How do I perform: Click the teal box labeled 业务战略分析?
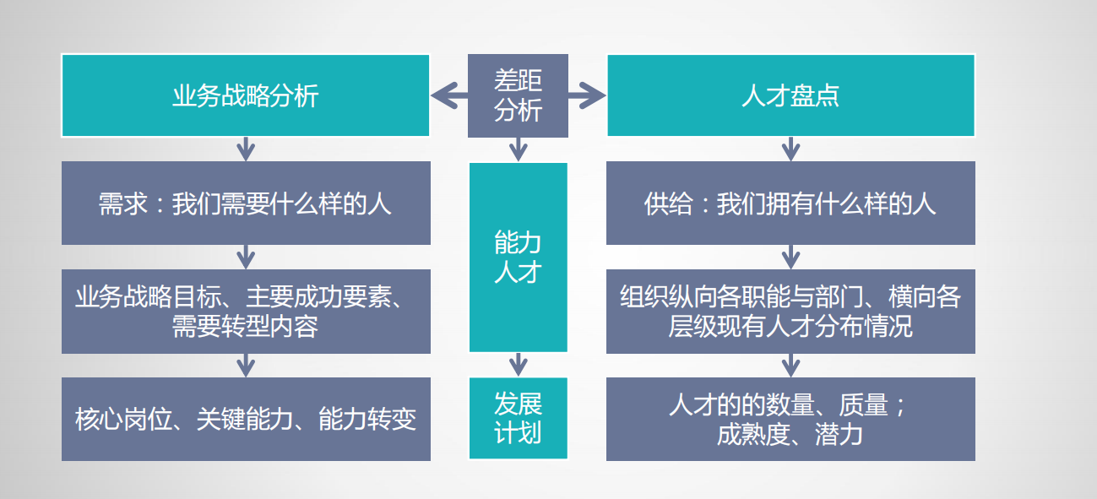245,95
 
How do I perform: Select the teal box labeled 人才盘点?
790,95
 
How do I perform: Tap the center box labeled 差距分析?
518,95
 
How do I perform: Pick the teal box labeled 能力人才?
518,258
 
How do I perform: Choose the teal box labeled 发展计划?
518,419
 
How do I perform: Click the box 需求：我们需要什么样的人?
245,203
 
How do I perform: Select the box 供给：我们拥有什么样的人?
790,203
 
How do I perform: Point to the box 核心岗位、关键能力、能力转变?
245,420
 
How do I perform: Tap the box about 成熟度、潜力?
790,420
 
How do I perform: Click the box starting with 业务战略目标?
245,312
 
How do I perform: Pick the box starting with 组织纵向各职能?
790,312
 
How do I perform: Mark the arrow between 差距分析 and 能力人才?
519,149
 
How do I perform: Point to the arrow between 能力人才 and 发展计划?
519,365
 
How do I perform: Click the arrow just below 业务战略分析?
245,149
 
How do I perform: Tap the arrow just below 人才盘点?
790,149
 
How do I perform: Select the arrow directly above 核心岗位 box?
245,365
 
